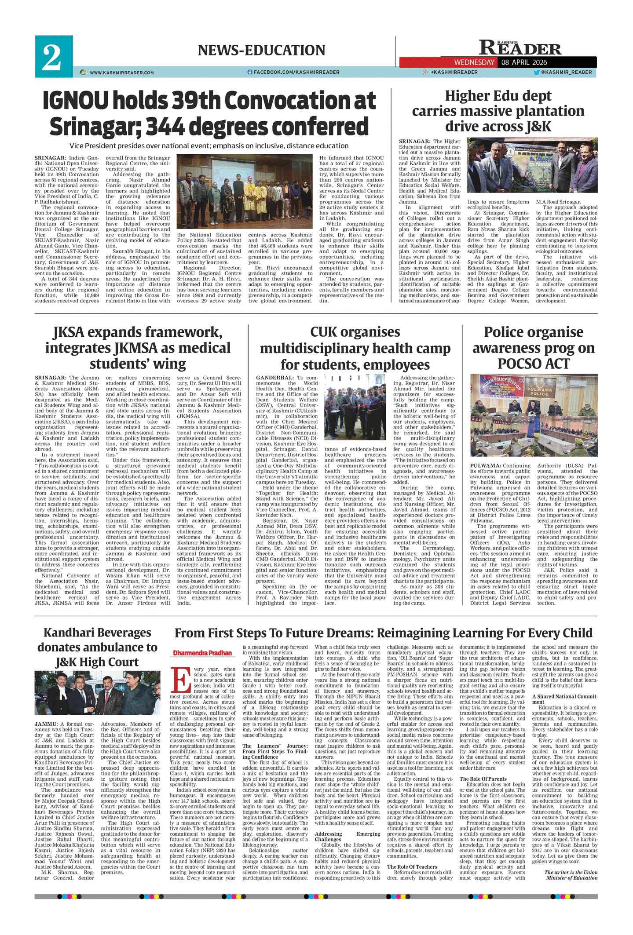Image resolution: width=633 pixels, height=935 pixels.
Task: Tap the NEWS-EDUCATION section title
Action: coord(261,50)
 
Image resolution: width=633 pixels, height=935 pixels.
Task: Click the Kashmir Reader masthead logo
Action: coord(520,47)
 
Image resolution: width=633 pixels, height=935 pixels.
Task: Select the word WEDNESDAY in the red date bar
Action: coord(474,62)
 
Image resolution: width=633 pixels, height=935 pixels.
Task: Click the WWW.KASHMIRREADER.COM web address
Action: coord(121,73)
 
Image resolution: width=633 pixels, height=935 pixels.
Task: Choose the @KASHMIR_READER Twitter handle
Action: coord(566,72)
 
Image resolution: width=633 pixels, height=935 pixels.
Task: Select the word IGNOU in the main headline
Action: coord(75,101)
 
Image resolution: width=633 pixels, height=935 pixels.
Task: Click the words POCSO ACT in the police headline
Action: coord(533,364)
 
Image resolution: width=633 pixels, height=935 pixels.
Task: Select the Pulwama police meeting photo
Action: coord(534,415)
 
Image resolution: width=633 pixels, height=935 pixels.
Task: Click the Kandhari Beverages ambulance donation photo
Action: coord(98,693)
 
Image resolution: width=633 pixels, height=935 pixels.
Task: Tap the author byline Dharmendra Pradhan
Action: coord(202,653)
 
